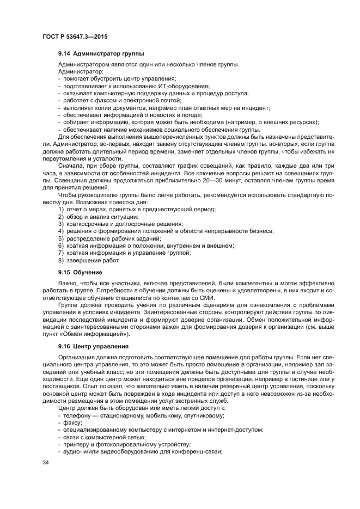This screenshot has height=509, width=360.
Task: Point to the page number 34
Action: click(x=46, y=463)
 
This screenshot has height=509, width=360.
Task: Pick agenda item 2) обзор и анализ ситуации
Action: click(x=94, y=217)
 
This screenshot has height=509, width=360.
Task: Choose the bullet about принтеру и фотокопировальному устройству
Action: click(x=123, y=444)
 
